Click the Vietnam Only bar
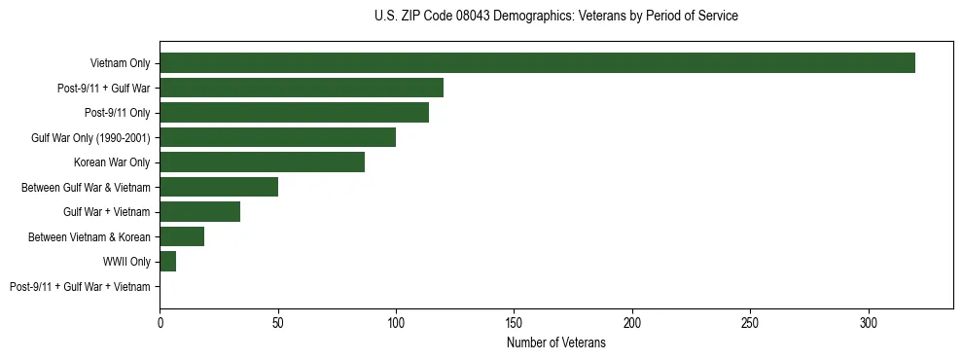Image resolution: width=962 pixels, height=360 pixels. click(537, 63)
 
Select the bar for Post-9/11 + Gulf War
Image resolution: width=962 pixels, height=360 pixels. click(302, 88)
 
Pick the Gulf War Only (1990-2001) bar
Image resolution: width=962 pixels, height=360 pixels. click(277, 137)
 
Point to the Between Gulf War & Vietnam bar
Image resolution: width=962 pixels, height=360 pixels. click(219, 187)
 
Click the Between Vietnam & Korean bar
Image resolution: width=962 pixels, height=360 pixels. click(182, 236)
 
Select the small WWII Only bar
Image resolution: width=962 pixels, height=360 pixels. click(167, 262)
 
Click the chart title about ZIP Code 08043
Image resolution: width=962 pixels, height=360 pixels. click(555, 17)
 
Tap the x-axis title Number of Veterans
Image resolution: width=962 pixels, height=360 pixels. click(555, 343)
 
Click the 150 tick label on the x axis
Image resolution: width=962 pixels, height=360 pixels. click(514, 322)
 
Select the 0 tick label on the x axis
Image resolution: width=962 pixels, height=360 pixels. click(160, 322)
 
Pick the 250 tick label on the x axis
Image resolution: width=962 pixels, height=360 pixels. click(750, 322)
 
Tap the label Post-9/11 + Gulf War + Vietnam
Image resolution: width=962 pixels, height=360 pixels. click(80, 286)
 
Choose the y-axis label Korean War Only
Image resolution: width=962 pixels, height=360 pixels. click(112, 162)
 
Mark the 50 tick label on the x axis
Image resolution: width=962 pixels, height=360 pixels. click(278, 322)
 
